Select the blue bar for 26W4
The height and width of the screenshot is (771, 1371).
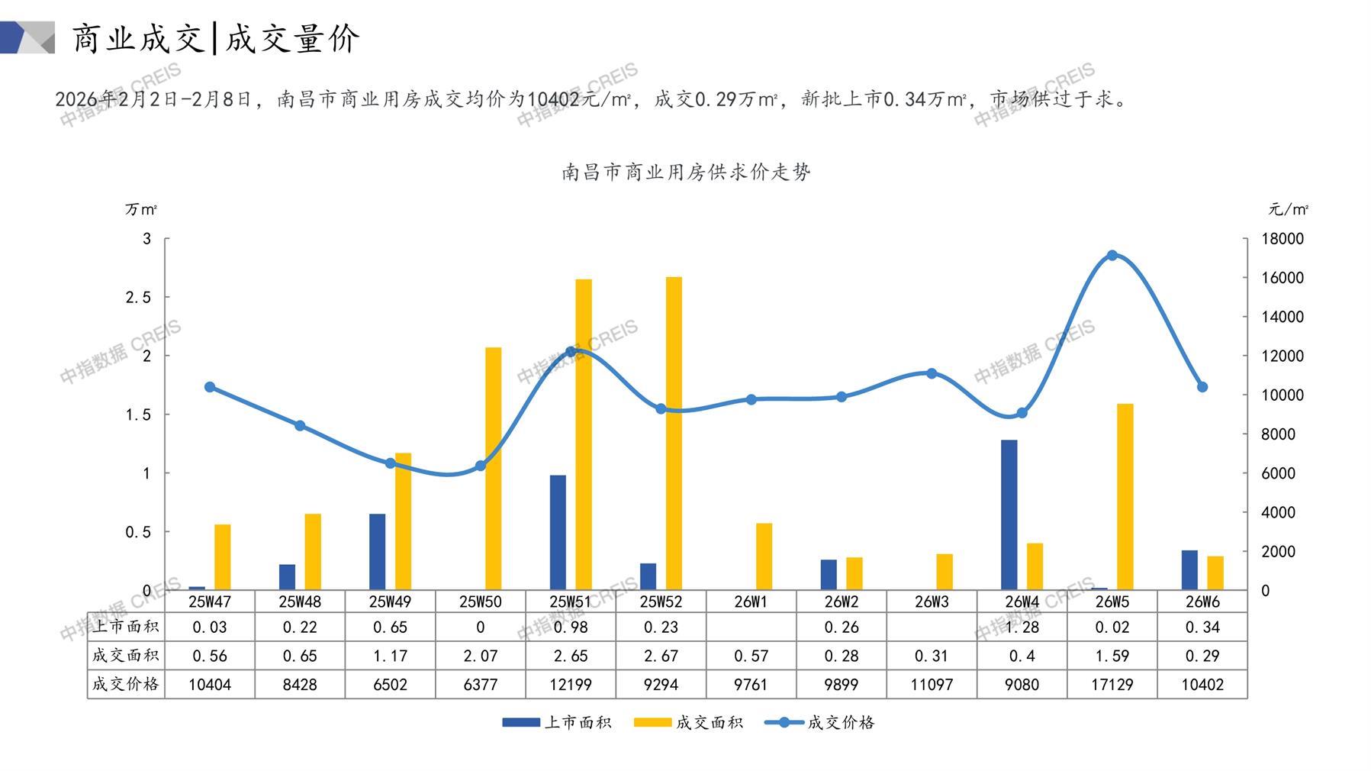(x=1009, y=515)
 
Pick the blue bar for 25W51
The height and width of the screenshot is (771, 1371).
(x=558, y=532)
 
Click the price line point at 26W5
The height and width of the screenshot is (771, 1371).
(x=1112, y=256)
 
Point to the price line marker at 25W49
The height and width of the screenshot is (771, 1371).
(x=390, y=463)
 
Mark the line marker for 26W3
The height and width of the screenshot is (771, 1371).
(x=932, y=373)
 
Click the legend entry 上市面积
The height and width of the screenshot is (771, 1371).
(x=557, y=722)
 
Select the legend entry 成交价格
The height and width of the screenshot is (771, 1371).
(x=820, y=722)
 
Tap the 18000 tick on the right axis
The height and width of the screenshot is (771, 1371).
(x=1282, y=239)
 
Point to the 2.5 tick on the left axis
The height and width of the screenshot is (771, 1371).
(x=138, y=298)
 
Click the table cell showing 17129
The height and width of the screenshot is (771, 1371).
(x=1112, y=685)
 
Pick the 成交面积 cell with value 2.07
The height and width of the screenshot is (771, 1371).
(x=480, y=656)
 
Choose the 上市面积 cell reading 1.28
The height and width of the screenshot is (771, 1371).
(x=1022, y=627)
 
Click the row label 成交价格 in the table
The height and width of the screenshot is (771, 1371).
(x=126, y=685)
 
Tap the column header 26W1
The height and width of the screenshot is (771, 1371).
(x=751, y=602)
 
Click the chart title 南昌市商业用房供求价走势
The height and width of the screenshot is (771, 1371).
(x=685, y=173)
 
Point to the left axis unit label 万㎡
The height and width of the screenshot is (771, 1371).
(x=141, y=209)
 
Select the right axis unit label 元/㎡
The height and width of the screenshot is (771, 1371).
(x=1288, y=209)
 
